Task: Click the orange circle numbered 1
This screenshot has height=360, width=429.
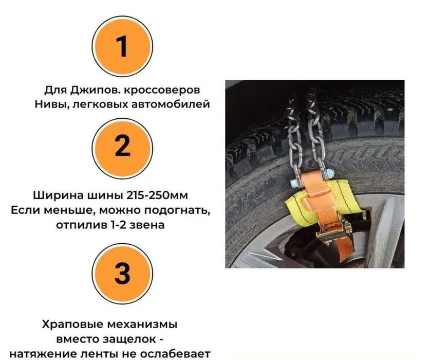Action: pyautogui.click(x=122, y=46)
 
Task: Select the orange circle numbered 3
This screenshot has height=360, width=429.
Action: pyautogui.click(x=122, y=273)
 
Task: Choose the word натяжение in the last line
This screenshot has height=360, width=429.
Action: pyautogui.click(x=47, y=354)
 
